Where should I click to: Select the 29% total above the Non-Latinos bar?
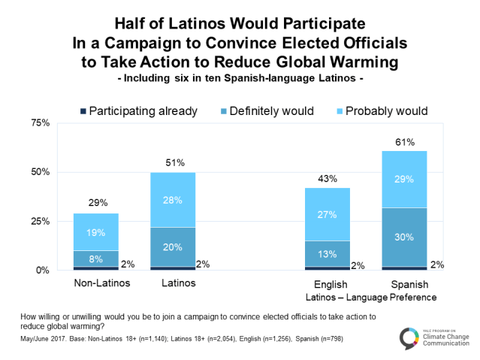pos(97,203)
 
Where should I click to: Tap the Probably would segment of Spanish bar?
pos(406,179)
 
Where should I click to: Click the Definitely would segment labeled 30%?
pos(406,238)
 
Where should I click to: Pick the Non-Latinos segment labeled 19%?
pos(97,232)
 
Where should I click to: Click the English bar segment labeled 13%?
pos(328,253)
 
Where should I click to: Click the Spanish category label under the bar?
pos(406,284)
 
